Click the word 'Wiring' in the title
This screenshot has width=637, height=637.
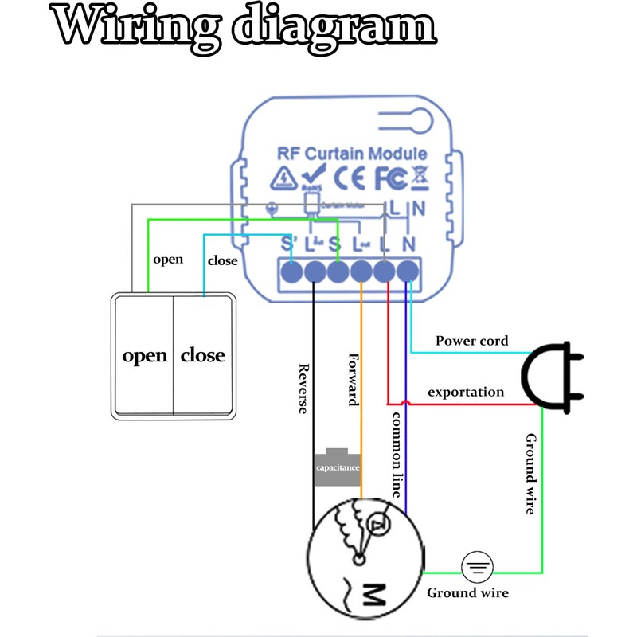tap(131, 27)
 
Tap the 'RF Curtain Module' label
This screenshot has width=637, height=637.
tap(352, 154)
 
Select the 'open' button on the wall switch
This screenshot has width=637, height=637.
tap(144, 355)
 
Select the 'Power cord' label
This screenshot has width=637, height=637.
tap(471, 341)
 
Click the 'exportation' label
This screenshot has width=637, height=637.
tap(466, 392)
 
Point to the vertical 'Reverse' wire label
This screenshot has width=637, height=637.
tap(303, 389)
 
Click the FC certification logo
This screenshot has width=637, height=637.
tap(391, 178)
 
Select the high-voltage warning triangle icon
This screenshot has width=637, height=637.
tap(282, 178)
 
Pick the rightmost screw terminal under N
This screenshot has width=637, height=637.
tap(408, 272)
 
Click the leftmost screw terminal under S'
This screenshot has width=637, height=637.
tap(292, 272)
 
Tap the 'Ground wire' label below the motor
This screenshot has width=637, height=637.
tap(467, 593)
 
